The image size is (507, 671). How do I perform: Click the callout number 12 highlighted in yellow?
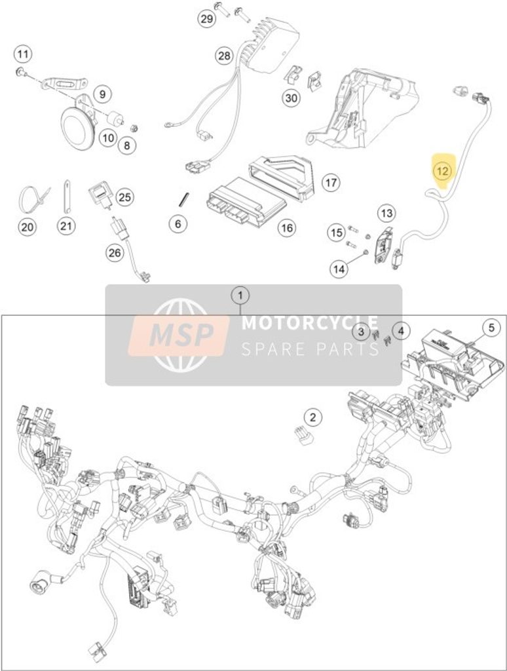pyautogui.click(x=443, y=171)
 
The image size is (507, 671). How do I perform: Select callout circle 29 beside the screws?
pyautogui.click(x=207, y=19)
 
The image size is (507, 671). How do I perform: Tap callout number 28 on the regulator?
pyautogui.click(x=224, y=56)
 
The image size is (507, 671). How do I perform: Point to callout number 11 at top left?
pyautogui.click(x=23, y=54)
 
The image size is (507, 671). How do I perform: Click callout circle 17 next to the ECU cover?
pyautogui.click(x=330, y=182)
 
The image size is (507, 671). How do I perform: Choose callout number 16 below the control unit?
pyautogui.click(x=286, y=227)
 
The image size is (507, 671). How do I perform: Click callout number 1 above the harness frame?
pyautogui.click(x=241, y=296)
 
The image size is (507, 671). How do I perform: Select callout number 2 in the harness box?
pyautogui.click(x=313, y=417)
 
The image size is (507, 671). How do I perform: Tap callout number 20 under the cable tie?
pyautogui.click(x=26, y=227)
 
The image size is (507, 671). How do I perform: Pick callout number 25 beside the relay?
pyautogui.click(x=124, y=196)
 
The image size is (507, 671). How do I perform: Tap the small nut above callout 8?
pyautogui.click(x=134, y=127)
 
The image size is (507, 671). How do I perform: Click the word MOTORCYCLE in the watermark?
pyautogui.click(x=309, y=323)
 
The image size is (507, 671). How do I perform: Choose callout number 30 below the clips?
pyautogui.click(x=291, y=98)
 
